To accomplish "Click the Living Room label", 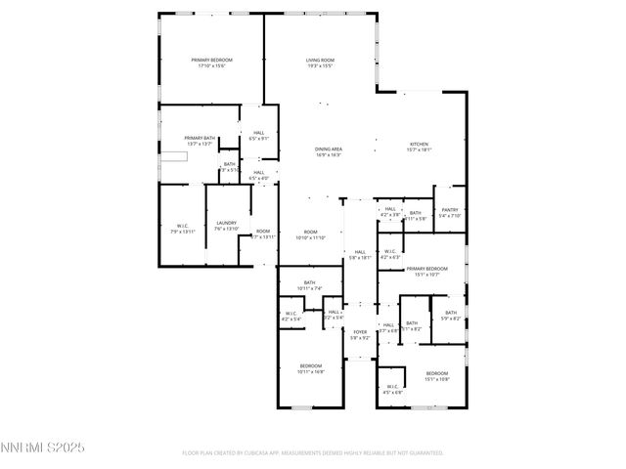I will [320, 61].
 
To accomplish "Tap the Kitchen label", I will [419, 144].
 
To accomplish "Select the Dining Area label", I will [328, 149].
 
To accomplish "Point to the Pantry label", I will [450, 209].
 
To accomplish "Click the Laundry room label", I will [226, 223].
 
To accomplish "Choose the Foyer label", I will [361, 332].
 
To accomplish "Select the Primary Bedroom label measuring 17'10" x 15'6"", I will [211, 61].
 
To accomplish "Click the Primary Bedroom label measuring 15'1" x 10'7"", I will [426, 268].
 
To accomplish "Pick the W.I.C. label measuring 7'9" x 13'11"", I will [182, 226].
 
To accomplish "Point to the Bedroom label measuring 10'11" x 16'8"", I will [311, 365].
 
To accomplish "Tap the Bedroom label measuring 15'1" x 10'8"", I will [436, 373].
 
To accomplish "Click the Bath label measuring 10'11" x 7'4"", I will [309, 282].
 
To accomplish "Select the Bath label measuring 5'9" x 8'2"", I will [451, 313].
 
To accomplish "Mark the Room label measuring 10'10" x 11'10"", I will [311, 232].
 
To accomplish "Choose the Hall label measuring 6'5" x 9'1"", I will [259, 133].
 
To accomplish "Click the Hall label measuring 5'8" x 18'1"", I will [360, 252].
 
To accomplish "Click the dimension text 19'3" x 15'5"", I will [320, 66].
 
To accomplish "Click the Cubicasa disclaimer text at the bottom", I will [313, 452].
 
